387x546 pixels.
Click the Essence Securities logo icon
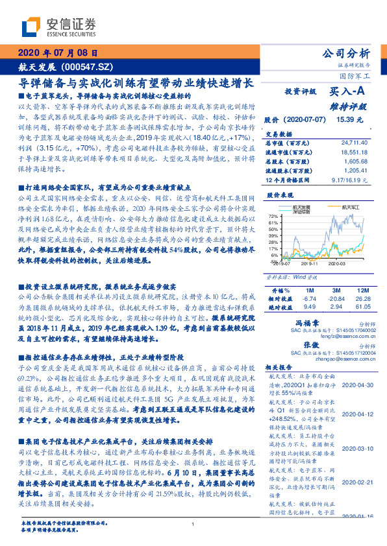tap(32, 27)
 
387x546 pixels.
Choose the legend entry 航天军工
tap(351, 207)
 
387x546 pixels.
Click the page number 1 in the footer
tap(193, 525)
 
